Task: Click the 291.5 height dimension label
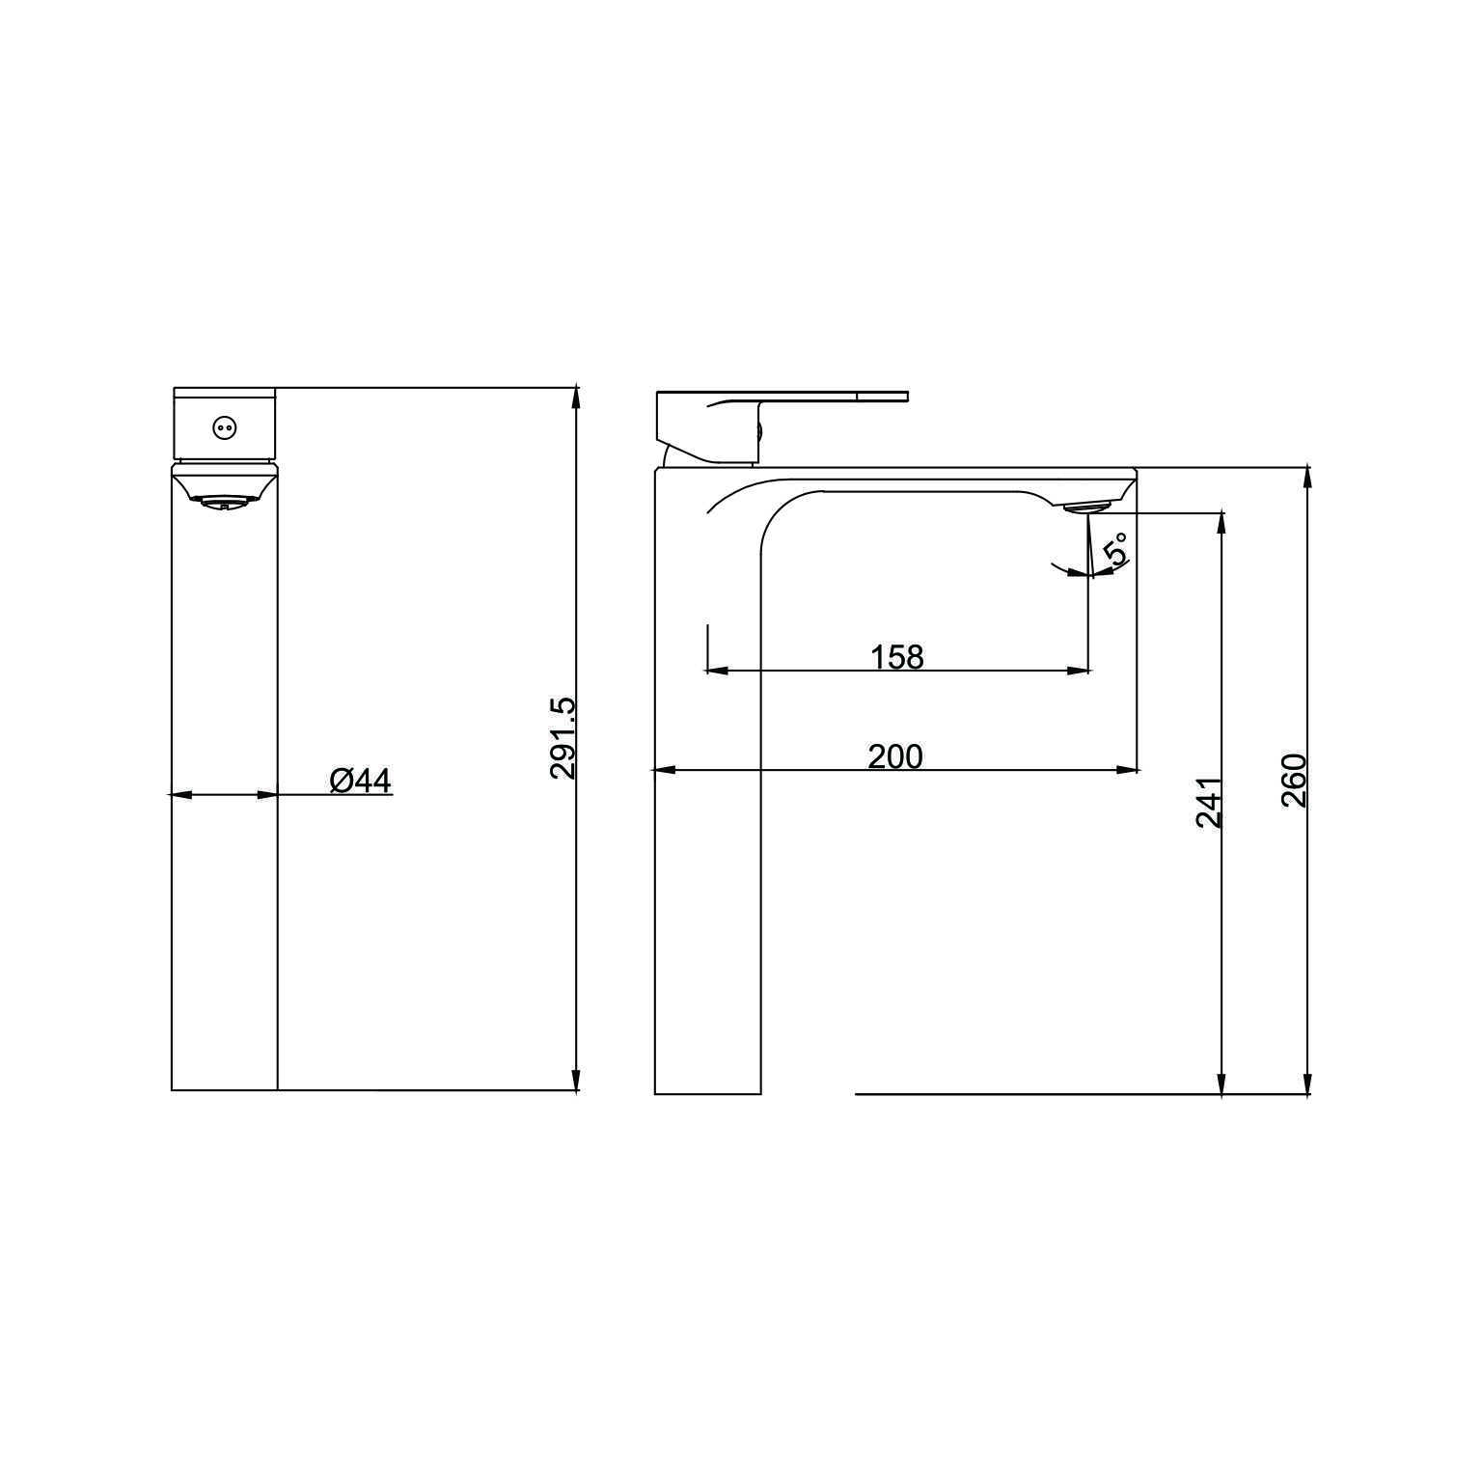tap(563, 738)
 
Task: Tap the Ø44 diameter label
tap(361, 780)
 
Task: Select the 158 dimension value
tap(897, 657)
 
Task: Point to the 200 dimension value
tap(895, 756)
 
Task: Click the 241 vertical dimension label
tap(1210, 802)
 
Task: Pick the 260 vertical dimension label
tap(1294, 782)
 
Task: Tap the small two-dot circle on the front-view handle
tap(224, 426)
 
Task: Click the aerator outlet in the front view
tap(224, 502)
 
